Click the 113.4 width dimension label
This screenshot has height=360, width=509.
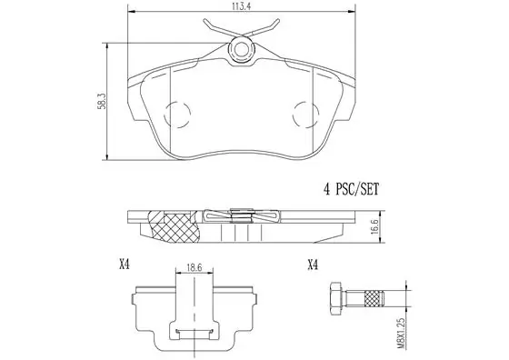click(241, 5)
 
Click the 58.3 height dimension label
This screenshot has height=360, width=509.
click(102, 101)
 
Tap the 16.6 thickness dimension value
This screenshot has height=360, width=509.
click(374, 226)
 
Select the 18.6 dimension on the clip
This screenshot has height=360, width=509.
click(195, 267)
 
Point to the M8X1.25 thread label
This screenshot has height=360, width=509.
click(401, 334)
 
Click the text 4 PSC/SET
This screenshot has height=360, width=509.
click(351, 189)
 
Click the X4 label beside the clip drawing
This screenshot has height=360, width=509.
click(125, 265)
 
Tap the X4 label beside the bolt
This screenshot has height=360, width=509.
click(313, 265)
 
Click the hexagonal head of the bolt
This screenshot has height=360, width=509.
click(336, 299)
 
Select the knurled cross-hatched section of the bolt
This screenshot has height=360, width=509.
click(374, 299)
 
